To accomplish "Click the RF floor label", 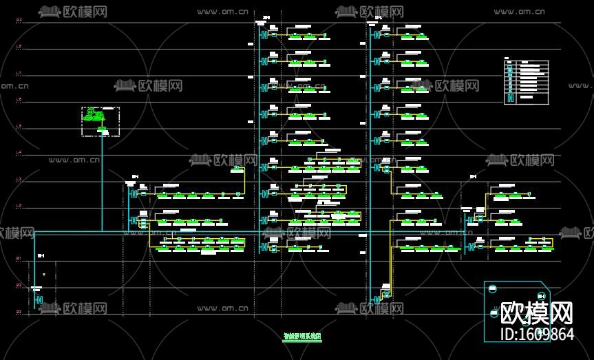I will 19,21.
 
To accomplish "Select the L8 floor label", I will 19,47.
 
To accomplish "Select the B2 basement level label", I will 19,286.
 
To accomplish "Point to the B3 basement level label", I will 19,312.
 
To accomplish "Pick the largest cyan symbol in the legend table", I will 510,98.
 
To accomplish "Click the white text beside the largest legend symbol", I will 527,97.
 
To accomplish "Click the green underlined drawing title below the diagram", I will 302,337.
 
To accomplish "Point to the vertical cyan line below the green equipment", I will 102,182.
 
